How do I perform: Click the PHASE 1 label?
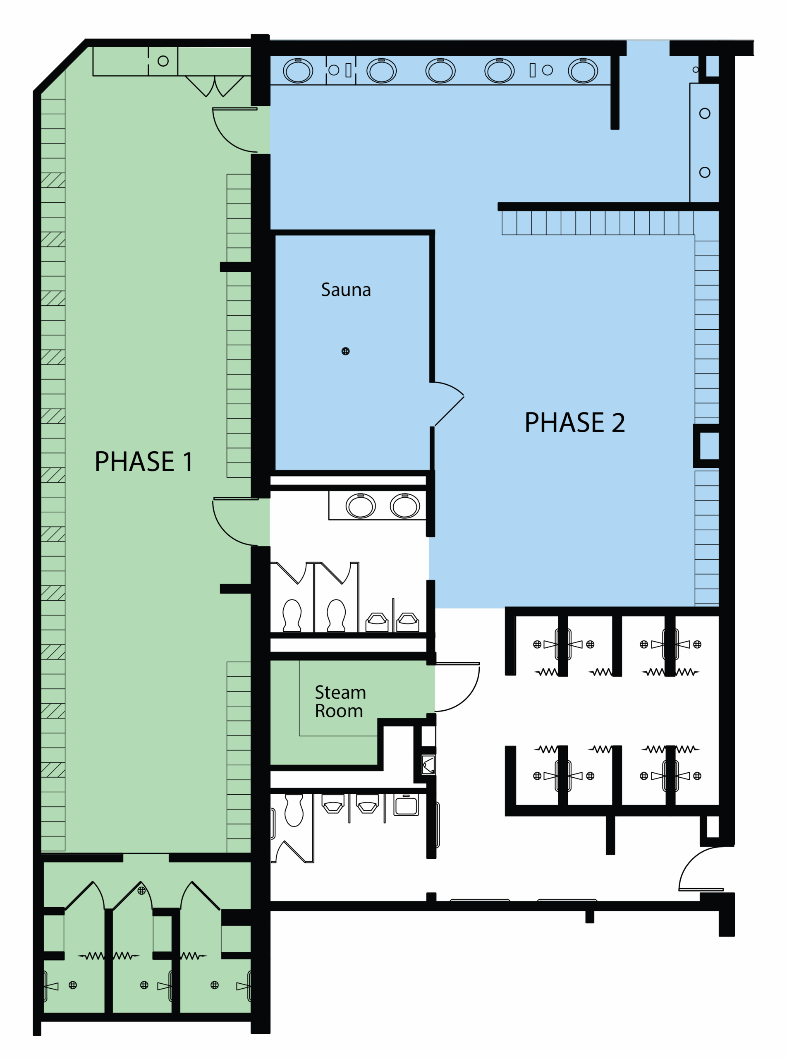coord(144,462)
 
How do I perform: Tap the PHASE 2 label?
coord(574,422)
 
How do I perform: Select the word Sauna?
coord(346,290)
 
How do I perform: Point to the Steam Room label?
coord(340,701)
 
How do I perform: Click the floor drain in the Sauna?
coord(346,352)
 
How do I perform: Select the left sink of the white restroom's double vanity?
coord(361,506)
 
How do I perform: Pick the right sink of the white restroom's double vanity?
coord(405,506)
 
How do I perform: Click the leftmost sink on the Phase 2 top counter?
coord(298,71)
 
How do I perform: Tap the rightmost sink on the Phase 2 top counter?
coord(583,71)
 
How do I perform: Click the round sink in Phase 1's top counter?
coord(163,61)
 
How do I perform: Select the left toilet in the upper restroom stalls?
coord(292,616)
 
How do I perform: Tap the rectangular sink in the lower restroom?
coord(406,805)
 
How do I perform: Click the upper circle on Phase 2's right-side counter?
coord(705,113)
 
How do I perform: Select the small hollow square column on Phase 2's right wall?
coord(706,446)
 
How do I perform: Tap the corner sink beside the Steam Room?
coord(428,765)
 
